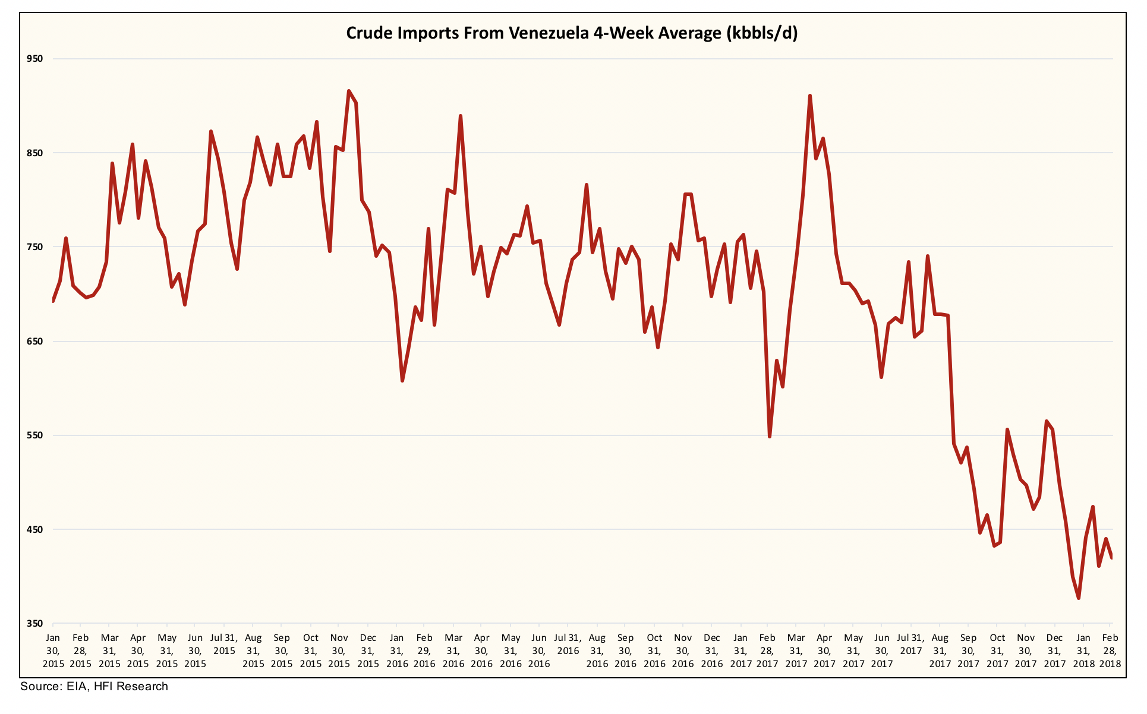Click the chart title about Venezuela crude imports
tap(572, 33)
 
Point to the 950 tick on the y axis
tap(35, 58)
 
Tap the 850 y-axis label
tap(35, 153)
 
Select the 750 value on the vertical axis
tap(35, 247)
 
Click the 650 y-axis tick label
tap(35, 341)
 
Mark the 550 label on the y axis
tap(35, 435)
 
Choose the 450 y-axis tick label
tap(35, 529)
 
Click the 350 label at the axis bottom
tap(35, 623)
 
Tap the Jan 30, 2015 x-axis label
tap(53, 650)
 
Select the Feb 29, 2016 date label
tap(424, 650)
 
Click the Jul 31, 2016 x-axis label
tap(568, 644)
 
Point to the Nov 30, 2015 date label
tap(339, 650)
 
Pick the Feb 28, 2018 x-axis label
tap(1110, 650)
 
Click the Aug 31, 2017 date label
tap(940, 650)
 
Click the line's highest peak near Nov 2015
tap(349, 91)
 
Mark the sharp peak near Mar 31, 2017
tap(809, 96)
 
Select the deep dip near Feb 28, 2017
tap(770, 437)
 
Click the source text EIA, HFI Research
tap(94, 687)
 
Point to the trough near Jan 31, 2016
tap(402, 381)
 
